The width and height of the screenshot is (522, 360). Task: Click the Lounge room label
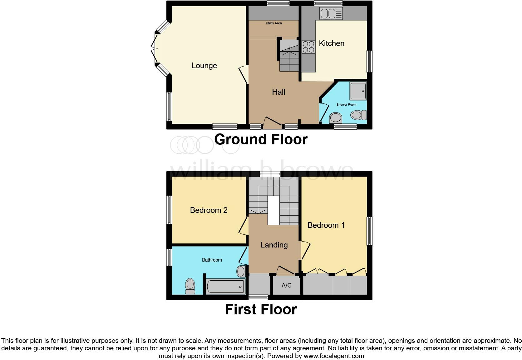[204, 66]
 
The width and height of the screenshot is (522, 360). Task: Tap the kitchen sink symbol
[331, 13]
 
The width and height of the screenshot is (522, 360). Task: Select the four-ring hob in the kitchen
[308, 47]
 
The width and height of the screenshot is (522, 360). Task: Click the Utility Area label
[273, 23]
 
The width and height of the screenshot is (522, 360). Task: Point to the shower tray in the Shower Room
[358, 91]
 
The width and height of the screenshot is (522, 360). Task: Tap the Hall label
[278, 92]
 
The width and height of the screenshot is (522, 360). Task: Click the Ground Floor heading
[261, 139]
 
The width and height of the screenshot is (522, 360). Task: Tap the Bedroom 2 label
[209, 210]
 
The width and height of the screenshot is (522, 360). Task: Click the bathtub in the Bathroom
[225, 286]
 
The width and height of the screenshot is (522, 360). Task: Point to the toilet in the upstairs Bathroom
[190, 286]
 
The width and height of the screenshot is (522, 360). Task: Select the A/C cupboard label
[286, 285]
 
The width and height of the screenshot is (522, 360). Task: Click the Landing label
[274, 245]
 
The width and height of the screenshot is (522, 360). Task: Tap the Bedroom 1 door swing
[306, 250]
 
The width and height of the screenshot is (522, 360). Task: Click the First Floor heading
[261, 309]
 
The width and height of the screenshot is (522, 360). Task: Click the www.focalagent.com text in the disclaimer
[333, 356]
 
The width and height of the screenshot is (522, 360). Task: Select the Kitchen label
[331, 43]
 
